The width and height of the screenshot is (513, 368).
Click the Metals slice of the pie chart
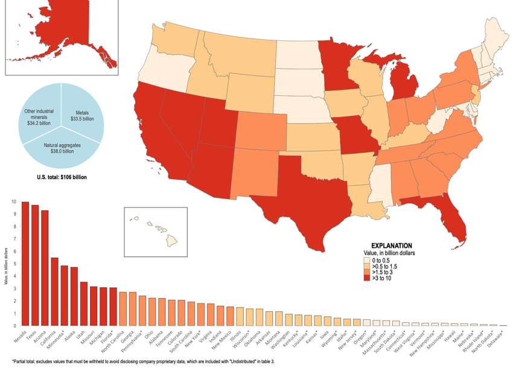pos(82,115)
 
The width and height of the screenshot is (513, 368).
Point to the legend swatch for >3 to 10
pos(366,278)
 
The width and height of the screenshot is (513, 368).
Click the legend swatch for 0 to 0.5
pos(366,259)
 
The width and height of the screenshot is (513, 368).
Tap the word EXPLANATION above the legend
pos(391,246)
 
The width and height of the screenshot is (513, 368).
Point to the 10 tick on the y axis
pos(14,201)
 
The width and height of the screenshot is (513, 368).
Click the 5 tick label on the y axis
pos(14,264)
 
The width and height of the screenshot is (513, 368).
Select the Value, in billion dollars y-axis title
pos(6,271)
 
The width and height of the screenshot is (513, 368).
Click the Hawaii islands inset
pos(157,227)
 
